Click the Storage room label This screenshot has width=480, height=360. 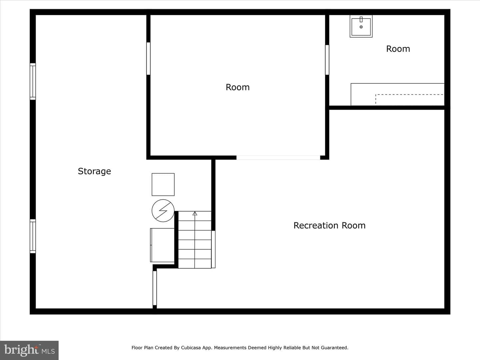click(94, 171)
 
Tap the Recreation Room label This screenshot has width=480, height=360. click(329, 225)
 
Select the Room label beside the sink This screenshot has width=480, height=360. click(398, 49)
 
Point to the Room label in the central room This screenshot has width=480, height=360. click(237, 87)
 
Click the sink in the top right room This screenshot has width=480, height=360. click(361, 26)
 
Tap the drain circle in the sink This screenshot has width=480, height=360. click(361, 27)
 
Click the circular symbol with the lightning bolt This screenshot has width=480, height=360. click(163, 210)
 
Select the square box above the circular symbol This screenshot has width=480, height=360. click(163, 184)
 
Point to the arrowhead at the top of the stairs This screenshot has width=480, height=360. click(195, 213)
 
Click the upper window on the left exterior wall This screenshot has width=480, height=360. click(33, 82)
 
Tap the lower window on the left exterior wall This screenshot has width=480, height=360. click(33, 236)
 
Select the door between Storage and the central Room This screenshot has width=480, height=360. click(148, 58)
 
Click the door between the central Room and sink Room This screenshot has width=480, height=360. click(327, 60)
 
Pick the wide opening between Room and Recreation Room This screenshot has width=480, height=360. click(278, 158)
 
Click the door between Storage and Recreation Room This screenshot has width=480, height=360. click(155, 288)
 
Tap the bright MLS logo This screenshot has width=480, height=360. click(29, 350)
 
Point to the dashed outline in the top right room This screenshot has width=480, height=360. click(409, 95)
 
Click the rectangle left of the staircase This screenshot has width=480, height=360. click(162, 245)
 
